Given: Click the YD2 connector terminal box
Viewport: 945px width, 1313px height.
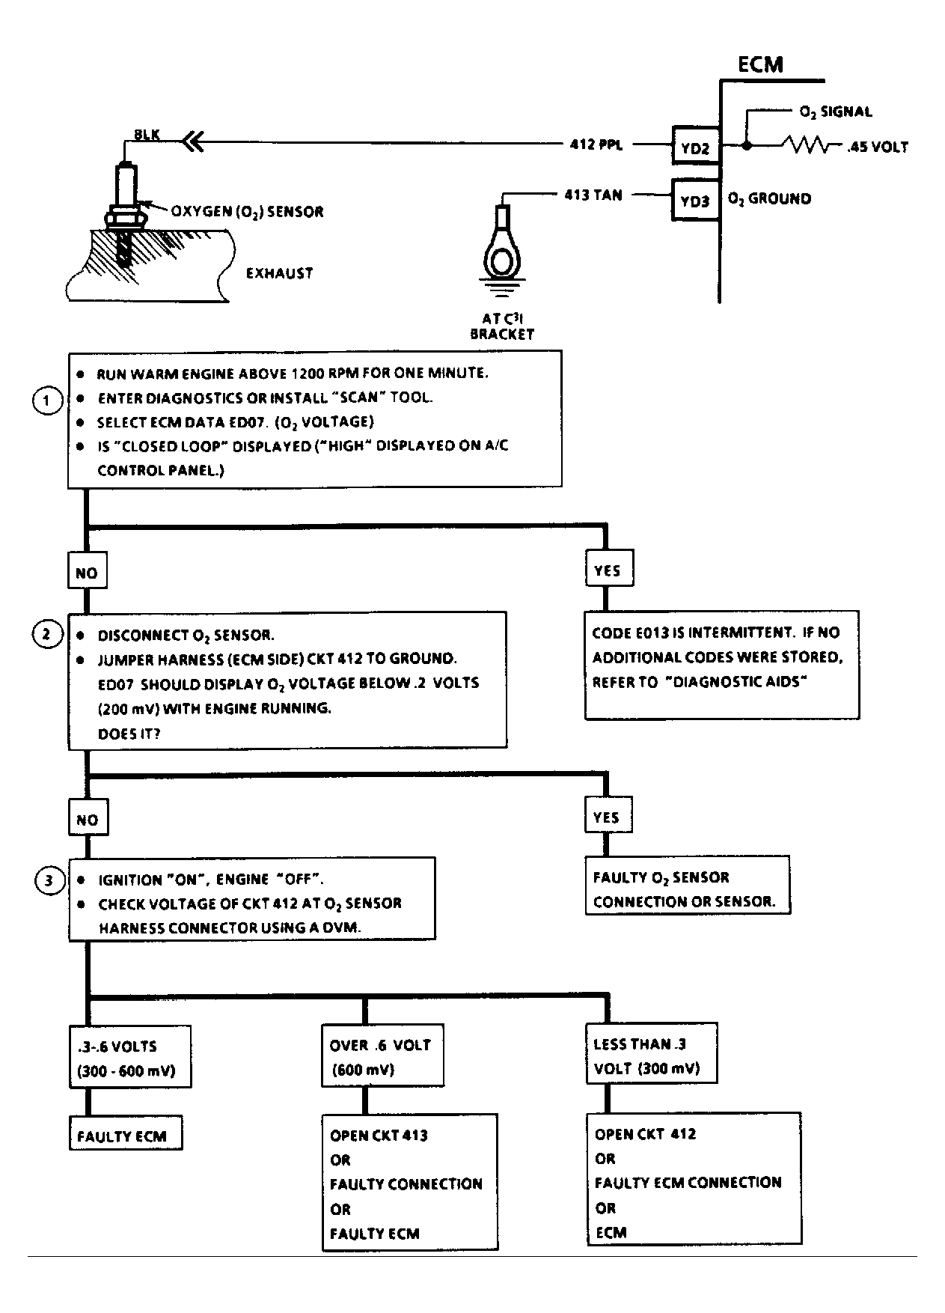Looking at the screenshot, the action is pyautogui.click(x=696, y=147).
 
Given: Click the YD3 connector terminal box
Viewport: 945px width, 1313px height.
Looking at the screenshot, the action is pyautogui.click(x=696, y=200).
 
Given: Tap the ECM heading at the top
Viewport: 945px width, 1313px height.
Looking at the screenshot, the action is pyautogui.click(x=760, y=64).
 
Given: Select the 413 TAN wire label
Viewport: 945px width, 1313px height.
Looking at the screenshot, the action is pyautogui.click(x=593, y=195).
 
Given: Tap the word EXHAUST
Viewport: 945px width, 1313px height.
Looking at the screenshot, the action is pyautogui.click(x=279, y=273).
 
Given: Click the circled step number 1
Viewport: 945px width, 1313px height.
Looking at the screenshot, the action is pyautogui.click(x=47, y=400).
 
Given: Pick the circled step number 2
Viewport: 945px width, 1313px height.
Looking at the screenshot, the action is pyautogui.click(x=46, y=635).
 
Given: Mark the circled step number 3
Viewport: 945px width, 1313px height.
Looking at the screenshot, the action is pyautogui.click(x=49, y=880).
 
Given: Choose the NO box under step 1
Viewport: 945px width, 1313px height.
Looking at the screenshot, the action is pyautogui.click(x=87, y=573).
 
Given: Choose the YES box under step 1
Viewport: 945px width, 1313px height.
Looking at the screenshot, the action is pyautogui.click(x=608, y=570).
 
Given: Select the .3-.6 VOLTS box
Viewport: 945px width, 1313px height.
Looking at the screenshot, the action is pyautogui.click(x=129, y=1056).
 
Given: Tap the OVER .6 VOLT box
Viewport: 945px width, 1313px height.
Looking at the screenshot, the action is pyautogui.click(x=382, y=1055).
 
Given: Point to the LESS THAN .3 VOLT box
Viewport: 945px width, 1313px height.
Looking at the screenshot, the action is pyautogui.click(x=651, y=1053).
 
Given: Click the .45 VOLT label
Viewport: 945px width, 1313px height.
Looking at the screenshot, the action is pyautogui.click(x=877, y=147).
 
